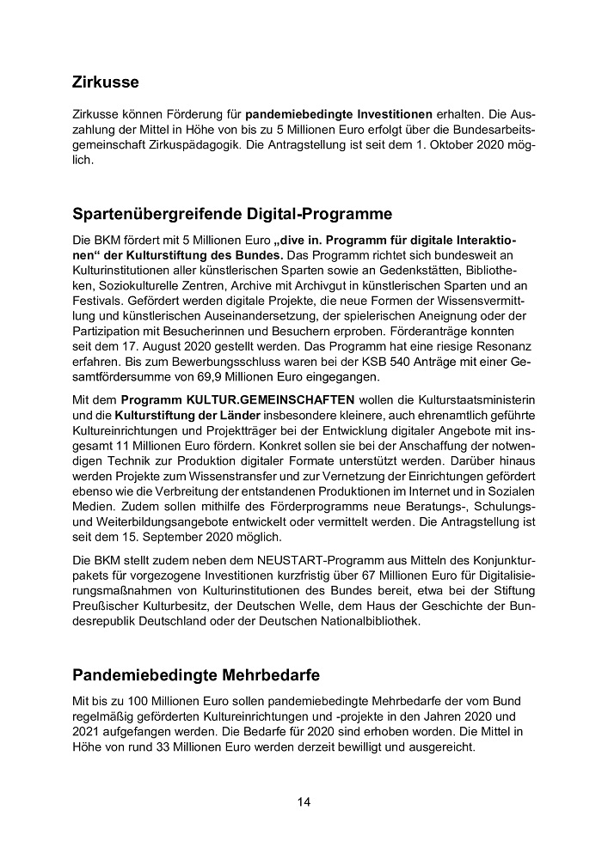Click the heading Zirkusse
pos(106,83)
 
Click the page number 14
pos(304,802)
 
